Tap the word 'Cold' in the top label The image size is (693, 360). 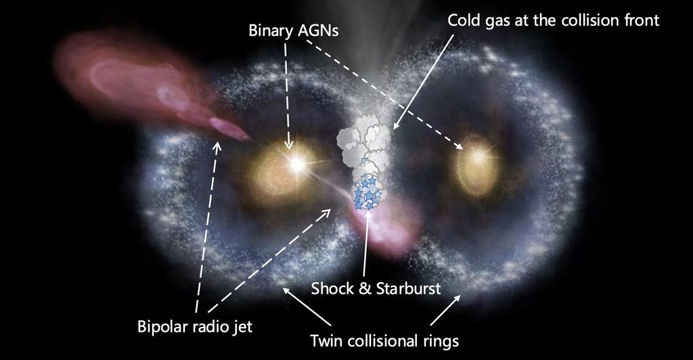coord(464,20)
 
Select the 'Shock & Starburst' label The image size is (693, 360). coord(376,289)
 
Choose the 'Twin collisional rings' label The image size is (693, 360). coord(384,340)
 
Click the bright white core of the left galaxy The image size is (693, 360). coord(295,163)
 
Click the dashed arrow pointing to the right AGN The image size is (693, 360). coord(386,94)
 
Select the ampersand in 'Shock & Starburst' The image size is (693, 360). coord(364,289)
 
